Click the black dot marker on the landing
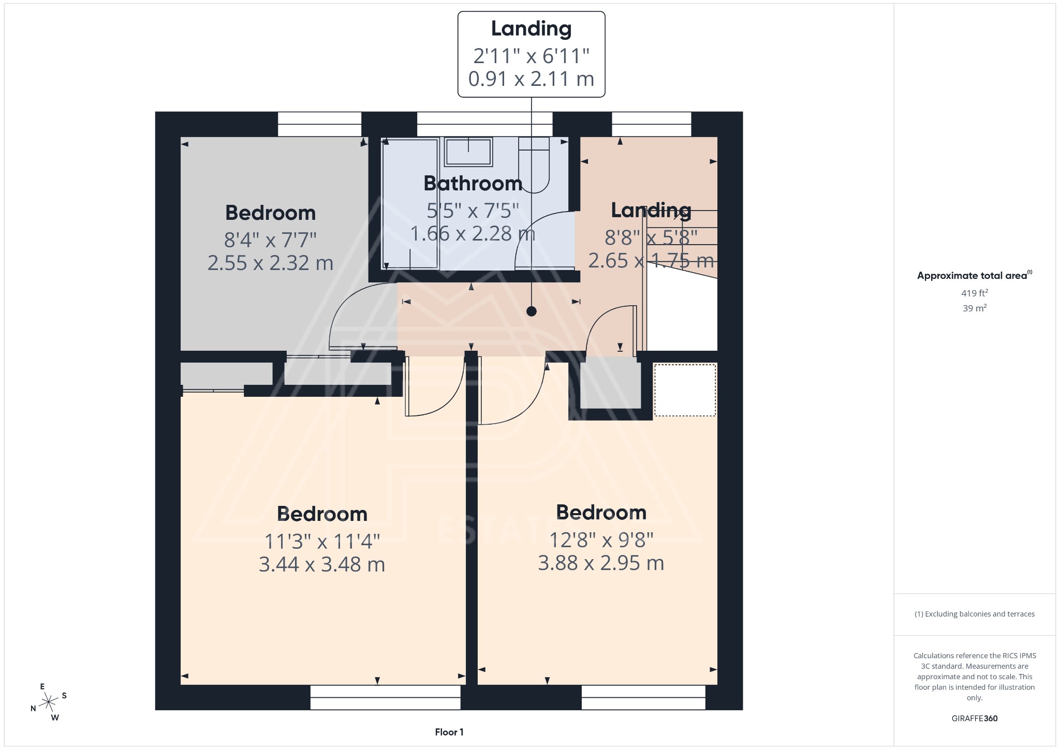[531, 311]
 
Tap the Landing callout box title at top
[531, 28]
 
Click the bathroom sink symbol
[468, 152]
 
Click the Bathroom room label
[473, 184]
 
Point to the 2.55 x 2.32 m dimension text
[270, 263]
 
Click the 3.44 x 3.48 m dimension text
[322, 564]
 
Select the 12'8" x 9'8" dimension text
[601, 540]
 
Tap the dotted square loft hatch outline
[685, 390]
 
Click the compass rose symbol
[49, 702]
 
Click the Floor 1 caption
[449, 732]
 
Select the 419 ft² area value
[974, 293]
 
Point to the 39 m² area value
[974, 308]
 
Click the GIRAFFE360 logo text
[974, 718]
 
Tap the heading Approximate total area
[972, 276]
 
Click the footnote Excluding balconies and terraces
[974, 614]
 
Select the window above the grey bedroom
[319, 124]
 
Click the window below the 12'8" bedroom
[643, 697]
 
